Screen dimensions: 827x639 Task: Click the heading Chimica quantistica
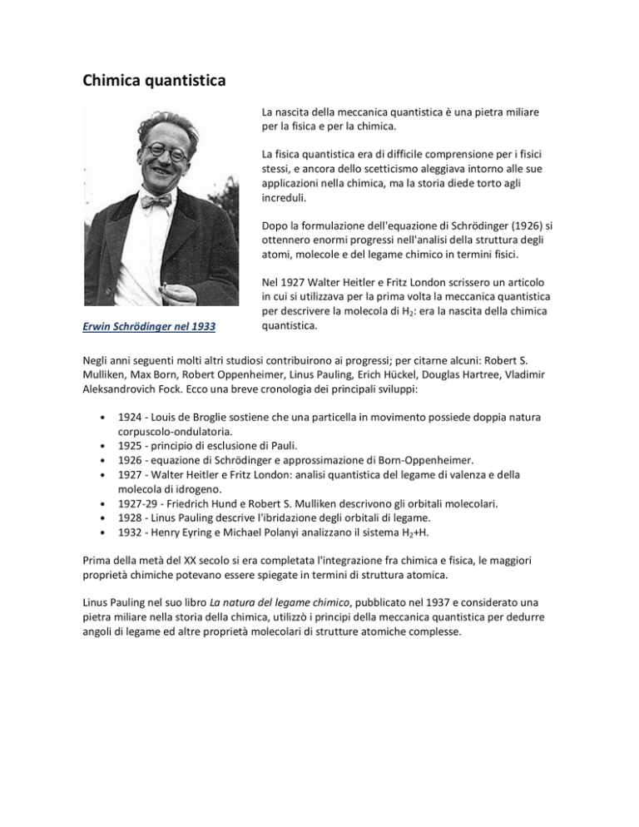[x=156, y=82]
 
